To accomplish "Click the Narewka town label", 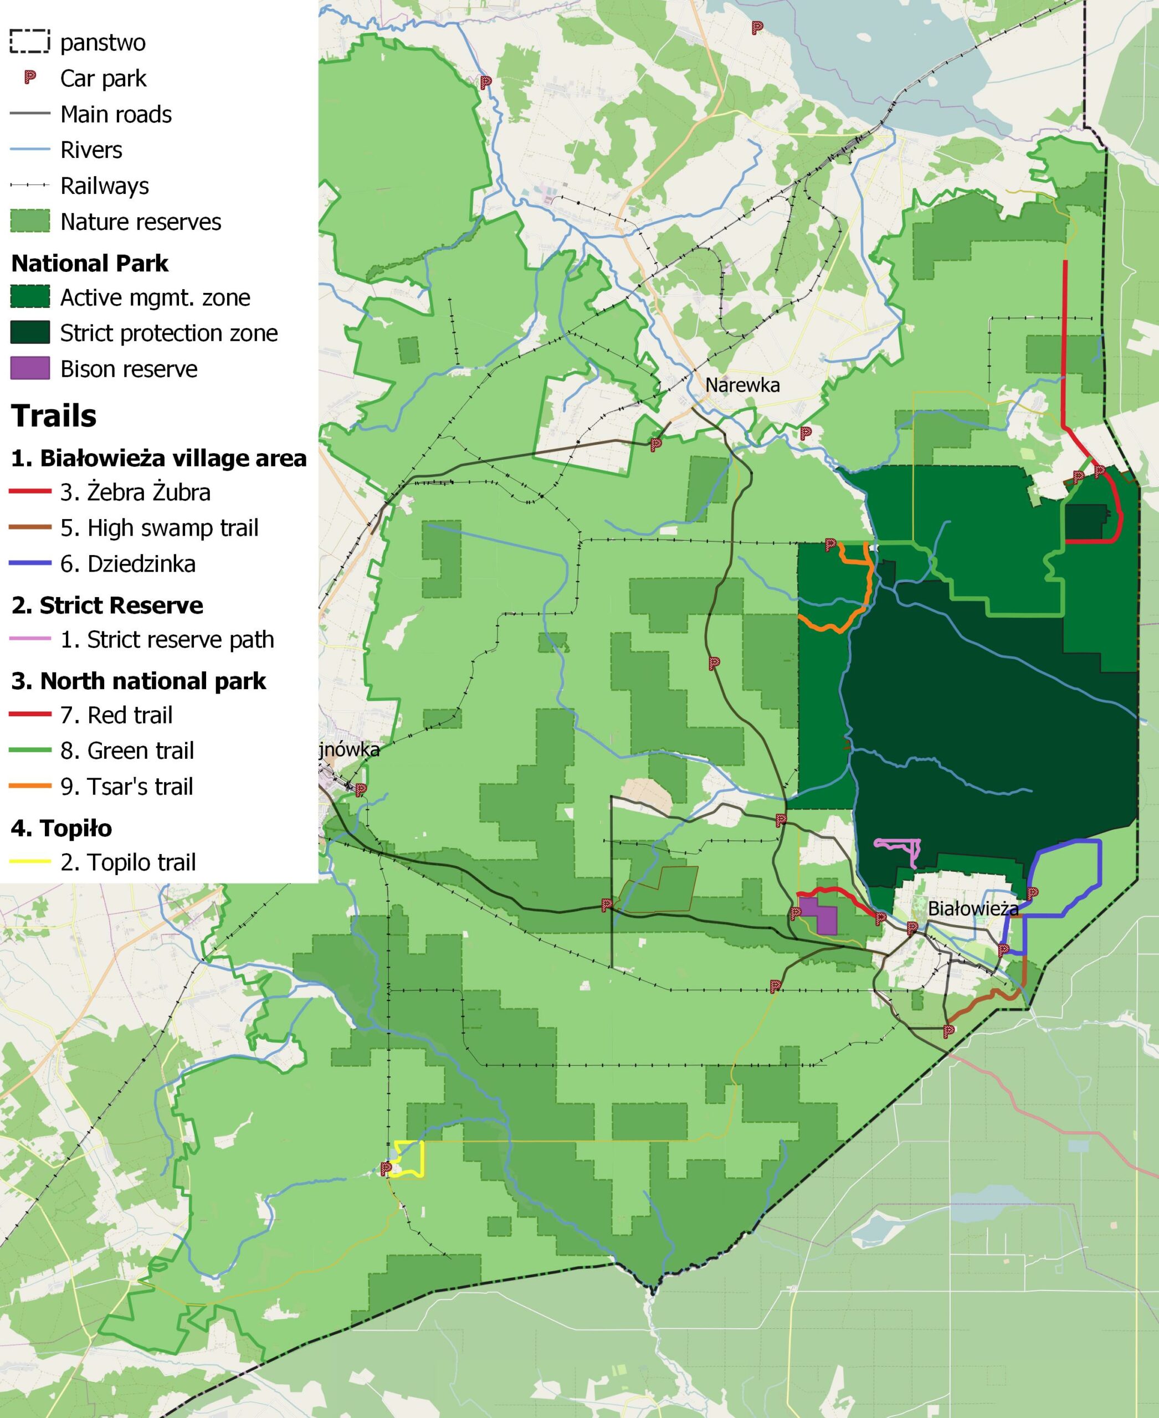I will click(742, 385).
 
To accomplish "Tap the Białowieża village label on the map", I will click(973, 908).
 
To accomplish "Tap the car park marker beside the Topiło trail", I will click(385, 1168).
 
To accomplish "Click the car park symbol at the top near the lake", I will click(757, 27).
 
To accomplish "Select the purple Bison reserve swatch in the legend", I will click(30, 368).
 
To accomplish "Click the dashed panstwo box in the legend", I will click(30, 42).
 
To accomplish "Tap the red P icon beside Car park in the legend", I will click(30, 78).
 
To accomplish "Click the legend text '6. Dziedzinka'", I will click(127, 564).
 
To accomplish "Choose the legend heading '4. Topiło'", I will click(61, 829).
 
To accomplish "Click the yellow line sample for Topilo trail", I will click(30, 862).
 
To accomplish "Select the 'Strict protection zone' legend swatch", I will click(30, 332).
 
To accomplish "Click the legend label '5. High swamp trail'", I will click(159, 528).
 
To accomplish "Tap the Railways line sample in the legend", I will click(30, 185).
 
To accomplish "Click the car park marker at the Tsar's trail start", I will click(830, 544).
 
